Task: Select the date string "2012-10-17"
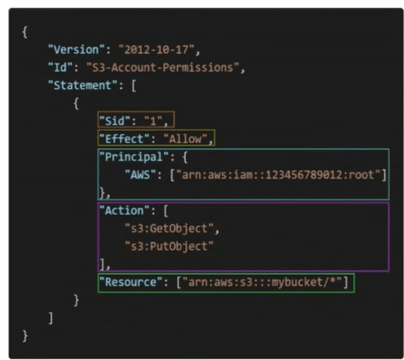(156, 49)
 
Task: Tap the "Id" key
(60, 67)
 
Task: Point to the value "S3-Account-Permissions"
(162, 67)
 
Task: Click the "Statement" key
(83, 85)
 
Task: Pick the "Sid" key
(115, 121)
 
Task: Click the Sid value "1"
(154, 121)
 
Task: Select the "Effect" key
(124, 139)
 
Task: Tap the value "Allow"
(186, 139)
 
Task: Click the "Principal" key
(134, 157)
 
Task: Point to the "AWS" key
(140, 174)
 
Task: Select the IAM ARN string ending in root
(278, 174)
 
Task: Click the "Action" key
(124, 211)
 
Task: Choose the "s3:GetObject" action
(169, 229)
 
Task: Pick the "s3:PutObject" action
(169, 247)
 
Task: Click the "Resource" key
(131, 282)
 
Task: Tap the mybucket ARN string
(262, 282)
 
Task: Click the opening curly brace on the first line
(25, 32)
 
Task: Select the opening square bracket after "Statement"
(134, 86)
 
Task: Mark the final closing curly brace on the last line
(25, 336)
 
